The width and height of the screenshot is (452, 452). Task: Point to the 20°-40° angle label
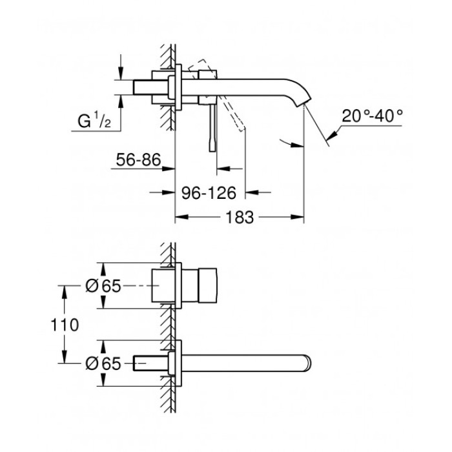[373, 116]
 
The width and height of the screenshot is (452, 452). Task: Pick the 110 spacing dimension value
[66, 324]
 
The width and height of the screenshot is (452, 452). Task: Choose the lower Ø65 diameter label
[103, 364]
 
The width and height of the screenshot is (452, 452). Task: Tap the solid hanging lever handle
[211, 129]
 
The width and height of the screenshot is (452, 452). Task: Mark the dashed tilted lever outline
[227, 103]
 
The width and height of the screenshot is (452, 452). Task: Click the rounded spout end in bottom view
[309, 363]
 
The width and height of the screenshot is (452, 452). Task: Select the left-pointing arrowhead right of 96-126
[253, 192]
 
